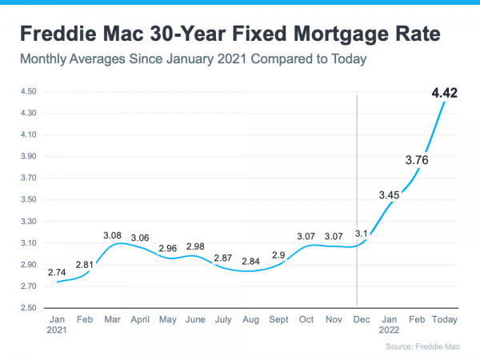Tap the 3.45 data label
tap(391, 194)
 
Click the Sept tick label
tap(279, 319)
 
